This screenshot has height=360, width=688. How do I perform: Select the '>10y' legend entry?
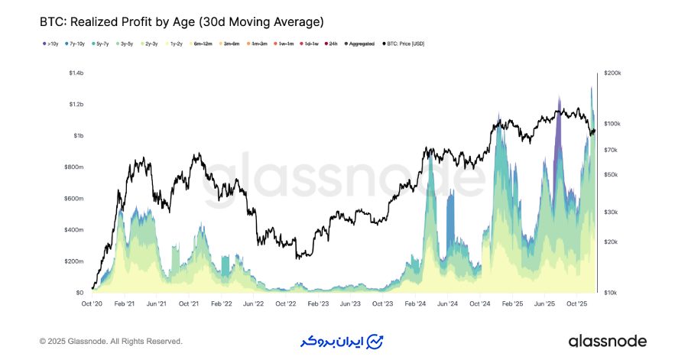(x=52, y=44)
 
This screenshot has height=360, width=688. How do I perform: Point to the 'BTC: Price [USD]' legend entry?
(x=404, y=44)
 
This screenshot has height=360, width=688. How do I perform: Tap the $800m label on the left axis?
(x=73, y=167)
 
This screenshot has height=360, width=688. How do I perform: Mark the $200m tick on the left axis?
(x=73, y=261)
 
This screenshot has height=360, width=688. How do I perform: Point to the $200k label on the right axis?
(x=612, y=73)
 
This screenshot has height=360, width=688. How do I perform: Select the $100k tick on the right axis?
(x=612, y=124)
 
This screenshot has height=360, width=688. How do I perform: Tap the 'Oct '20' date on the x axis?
(x=92, y=303)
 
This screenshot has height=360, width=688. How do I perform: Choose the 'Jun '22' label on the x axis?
(x=253, y=303)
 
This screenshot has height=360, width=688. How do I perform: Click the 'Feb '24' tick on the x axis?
(x=415, y=303)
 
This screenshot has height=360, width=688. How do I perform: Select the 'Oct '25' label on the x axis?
(x=577, y=303)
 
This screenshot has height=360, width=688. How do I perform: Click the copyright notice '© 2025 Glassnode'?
(x=111, y=341)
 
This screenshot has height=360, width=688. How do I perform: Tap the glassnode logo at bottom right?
(x=607, y=341)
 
